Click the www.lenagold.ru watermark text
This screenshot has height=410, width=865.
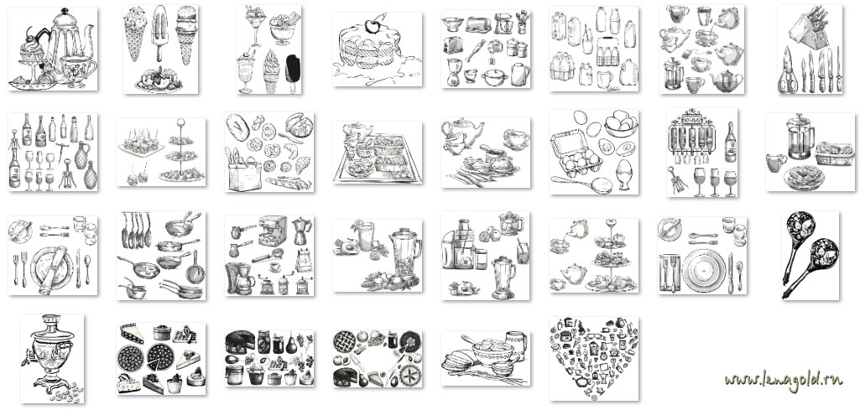[x=784, y=381]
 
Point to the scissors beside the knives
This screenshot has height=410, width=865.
[x=787, y=71]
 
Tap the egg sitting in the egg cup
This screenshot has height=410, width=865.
[x=624, y=167]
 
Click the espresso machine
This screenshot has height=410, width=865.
[x=273, y=231]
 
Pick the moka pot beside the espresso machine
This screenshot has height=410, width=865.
[x=301, y=231]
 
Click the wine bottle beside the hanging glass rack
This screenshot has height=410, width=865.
[x=730, y=143]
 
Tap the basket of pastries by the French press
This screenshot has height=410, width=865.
[x=835, y=153]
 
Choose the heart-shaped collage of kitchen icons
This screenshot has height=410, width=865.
[x=593, y=358]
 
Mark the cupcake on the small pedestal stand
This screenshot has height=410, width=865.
[x=32, y=52]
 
